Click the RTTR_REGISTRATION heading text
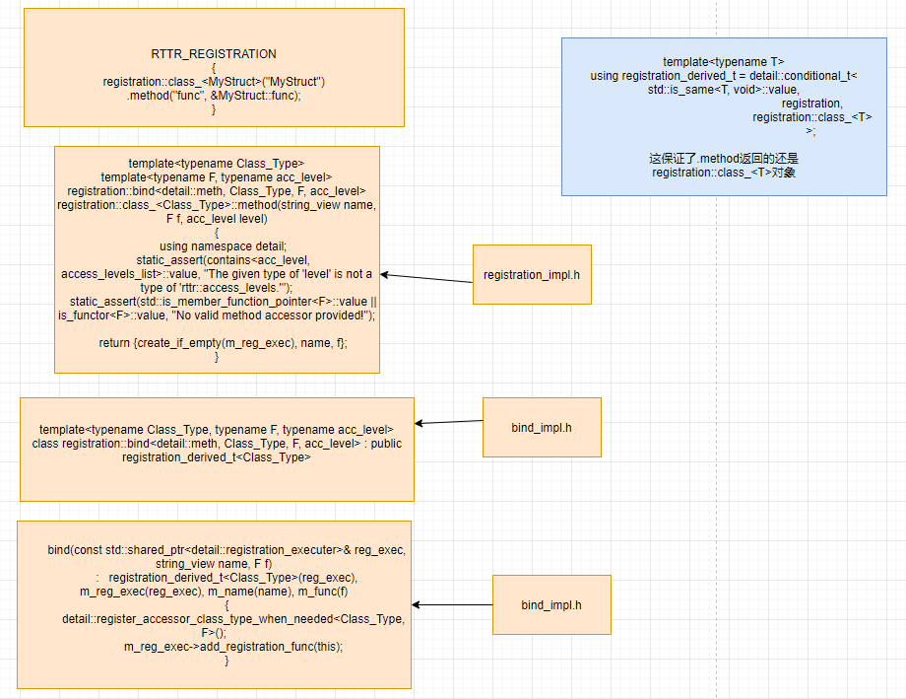(x=214, y=53)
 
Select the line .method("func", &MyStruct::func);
(x=214, y=95)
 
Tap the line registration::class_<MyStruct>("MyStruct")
(x=214, y=81)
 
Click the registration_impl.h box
(x=532, y=274)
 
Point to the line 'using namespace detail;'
(x=216, y=245)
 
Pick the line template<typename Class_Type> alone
(x=216, y=163)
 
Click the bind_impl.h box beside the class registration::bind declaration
(x=542, y=427)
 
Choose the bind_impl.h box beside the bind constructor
(x=551, y=604)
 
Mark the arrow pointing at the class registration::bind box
(x=449, y=422)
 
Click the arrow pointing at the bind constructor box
(x=453, y=604)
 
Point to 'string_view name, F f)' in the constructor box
(x=214, y=563)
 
